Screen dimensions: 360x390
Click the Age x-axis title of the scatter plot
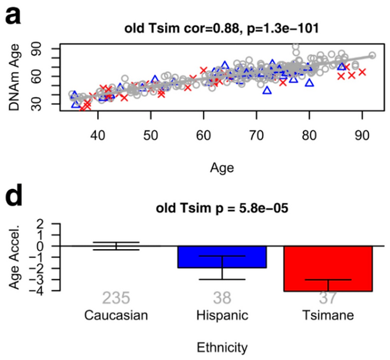[x=222, y=167]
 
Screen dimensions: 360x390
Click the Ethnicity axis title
[x=222, y=348]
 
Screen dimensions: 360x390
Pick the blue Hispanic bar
[x=222, y=257]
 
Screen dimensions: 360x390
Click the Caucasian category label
[x=116, y=316]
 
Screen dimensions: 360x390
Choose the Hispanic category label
[x=222, y=316]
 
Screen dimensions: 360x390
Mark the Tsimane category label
[x=328, y=316]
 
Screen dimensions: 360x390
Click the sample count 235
[x=116, y=299]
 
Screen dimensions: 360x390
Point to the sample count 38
[x=222, y=299]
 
